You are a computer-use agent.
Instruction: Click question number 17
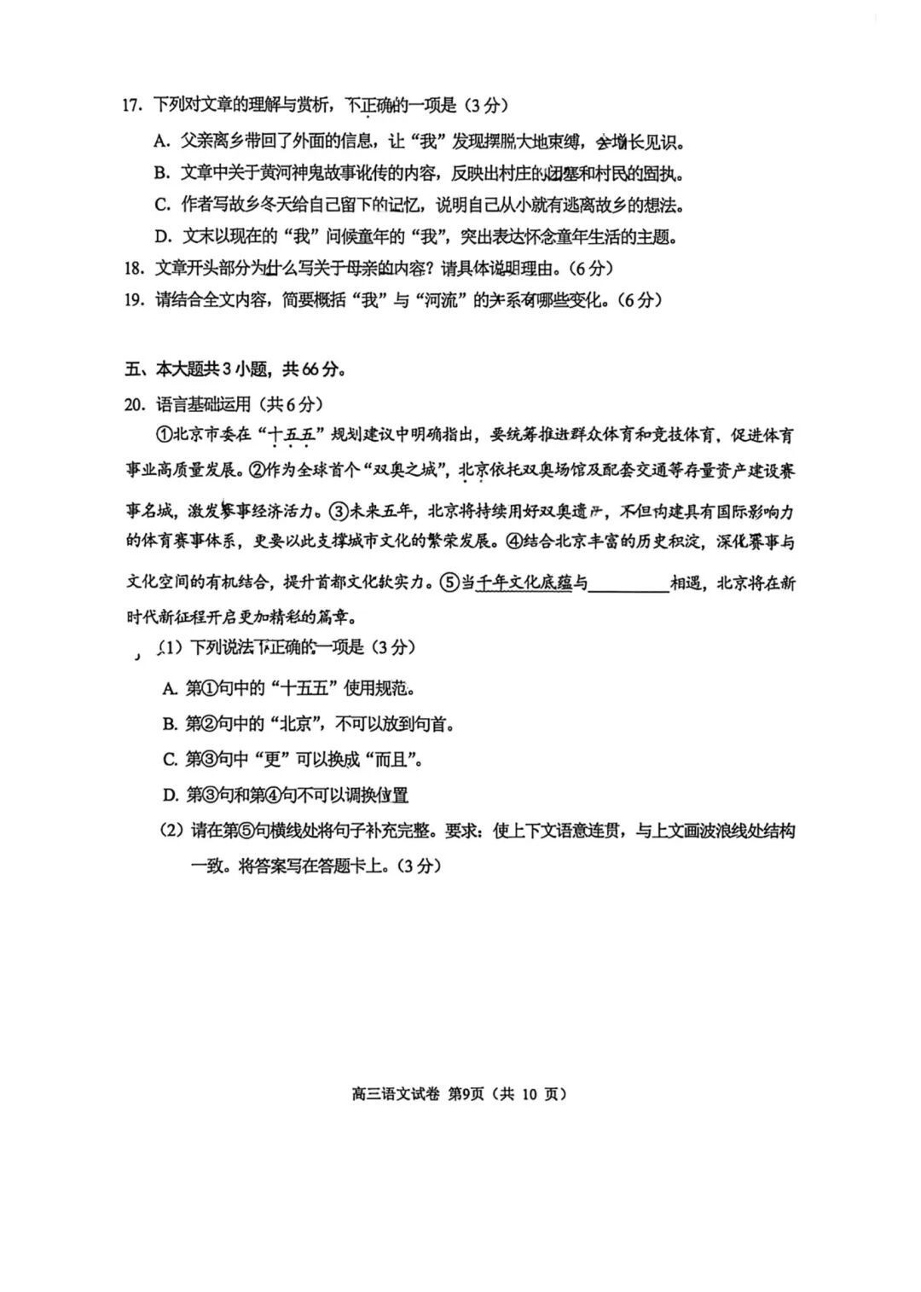point(130,106)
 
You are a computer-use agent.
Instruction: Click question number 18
point(132,268)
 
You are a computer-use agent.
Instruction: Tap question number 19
point(132,300)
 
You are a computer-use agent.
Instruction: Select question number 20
point(133,404)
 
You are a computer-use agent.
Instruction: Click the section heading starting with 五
point(234,369)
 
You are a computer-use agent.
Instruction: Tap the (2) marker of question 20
point(172,831)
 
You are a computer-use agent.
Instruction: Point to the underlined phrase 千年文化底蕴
point(522,583)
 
